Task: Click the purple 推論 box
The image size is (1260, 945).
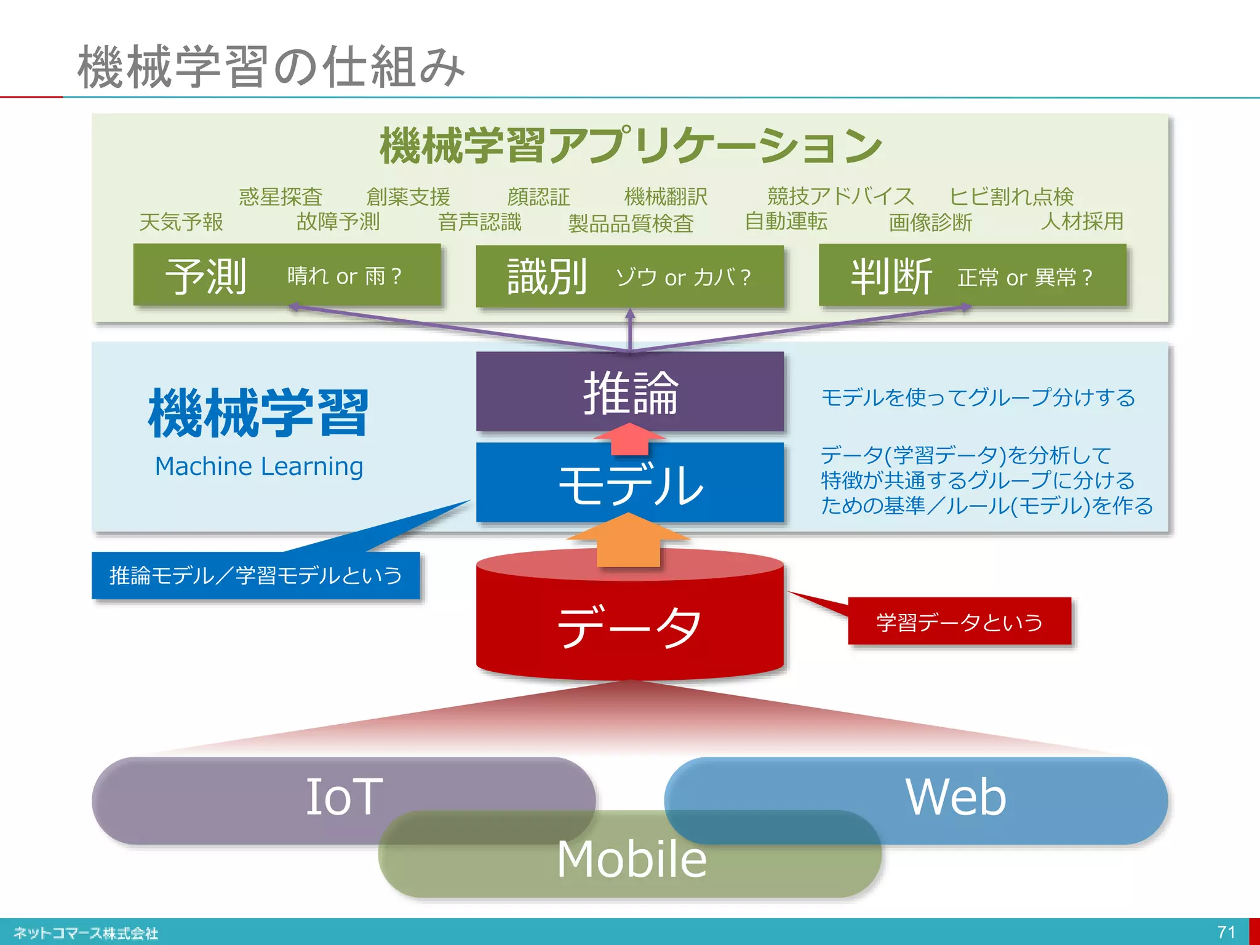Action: [629, 391]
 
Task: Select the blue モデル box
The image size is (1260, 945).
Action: [629, 484]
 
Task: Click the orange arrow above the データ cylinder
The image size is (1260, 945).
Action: [629, 541]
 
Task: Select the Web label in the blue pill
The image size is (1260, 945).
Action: [955, 797]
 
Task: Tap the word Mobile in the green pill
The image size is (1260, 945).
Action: [631, 859]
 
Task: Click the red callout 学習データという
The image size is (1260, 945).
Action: [959, 622]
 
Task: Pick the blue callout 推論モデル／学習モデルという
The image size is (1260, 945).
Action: [255, 576]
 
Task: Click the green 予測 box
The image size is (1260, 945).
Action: [287, 276]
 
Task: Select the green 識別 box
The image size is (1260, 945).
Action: [629, 277]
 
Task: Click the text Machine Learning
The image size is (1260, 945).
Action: [259, 466]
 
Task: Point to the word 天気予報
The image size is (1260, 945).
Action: [181, 222]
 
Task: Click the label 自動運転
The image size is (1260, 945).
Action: [786, 221]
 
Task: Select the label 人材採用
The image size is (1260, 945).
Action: [1082, 221]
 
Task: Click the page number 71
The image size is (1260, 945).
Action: [1226, 931]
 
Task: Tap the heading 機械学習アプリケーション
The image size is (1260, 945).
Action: [630, 146]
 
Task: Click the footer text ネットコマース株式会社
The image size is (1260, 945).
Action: [86, 933]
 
